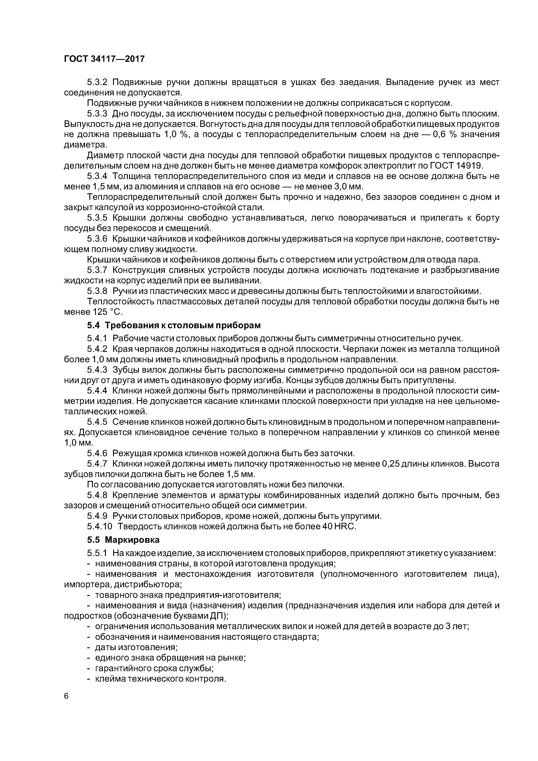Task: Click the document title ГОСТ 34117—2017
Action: tap(104, 59)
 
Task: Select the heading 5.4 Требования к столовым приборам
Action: tap(174, 325)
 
